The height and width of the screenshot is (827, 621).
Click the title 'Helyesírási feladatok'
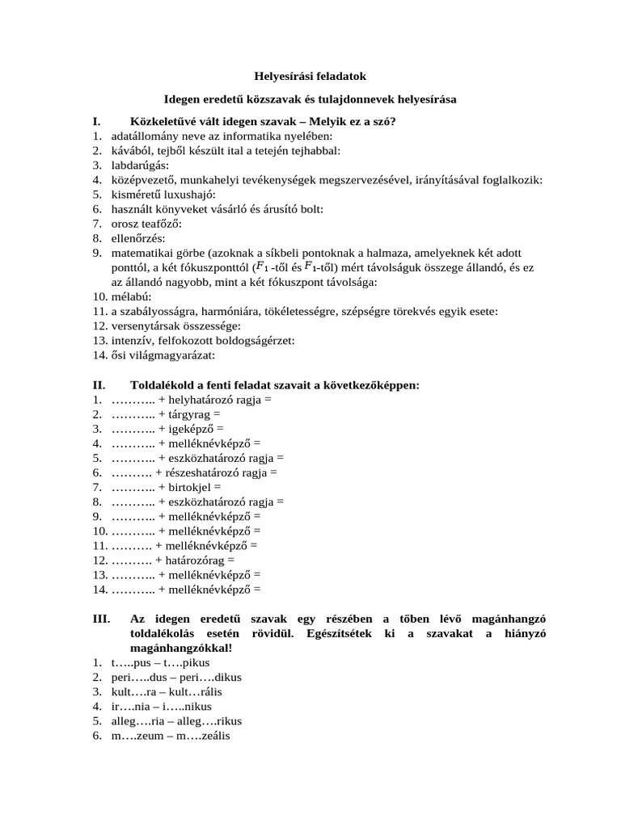pyautogui.click(x=310, y=76)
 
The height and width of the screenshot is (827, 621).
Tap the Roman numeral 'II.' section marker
pyautogui.click(x=100, y=384)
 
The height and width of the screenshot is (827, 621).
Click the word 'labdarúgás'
pyautogui.click(x=138, y=166)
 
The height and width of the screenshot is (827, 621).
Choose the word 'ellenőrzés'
pyautogui.click(x=137, y=238)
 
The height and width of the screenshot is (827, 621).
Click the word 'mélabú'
pyautogui.click(x=129, y=296)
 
